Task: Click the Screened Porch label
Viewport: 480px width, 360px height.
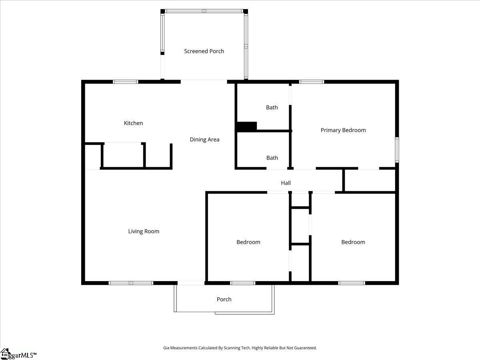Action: point(204,51)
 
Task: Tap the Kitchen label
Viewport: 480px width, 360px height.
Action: point(133,123)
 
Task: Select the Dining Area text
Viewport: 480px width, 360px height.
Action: point(204,140)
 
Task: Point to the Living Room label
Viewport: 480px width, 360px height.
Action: point(144,231)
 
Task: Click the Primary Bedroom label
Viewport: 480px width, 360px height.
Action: point(343,130)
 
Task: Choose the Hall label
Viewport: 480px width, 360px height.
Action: point(286,183)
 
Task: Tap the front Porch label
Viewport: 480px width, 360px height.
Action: point(224,299)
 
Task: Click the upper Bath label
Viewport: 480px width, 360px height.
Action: point(272,107)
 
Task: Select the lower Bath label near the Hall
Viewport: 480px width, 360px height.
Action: point(272,158)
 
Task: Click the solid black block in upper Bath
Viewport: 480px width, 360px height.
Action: point(246,126)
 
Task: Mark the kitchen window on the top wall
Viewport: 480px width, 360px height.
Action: point(125,82)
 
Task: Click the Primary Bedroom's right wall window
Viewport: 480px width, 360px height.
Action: point(397,150)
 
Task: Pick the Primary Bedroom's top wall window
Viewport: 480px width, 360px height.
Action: point(312,82)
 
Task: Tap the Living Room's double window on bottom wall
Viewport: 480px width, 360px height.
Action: point(131,283)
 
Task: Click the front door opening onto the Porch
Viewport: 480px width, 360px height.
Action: point(191,283)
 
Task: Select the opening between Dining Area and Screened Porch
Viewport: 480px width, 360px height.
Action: point(204,81)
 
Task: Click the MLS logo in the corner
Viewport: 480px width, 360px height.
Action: point(18,354)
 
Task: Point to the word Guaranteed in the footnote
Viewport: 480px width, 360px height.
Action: point(304,348)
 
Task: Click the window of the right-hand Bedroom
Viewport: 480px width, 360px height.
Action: point(352,283)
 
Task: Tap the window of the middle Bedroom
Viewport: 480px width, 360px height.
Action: point(242,283)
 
